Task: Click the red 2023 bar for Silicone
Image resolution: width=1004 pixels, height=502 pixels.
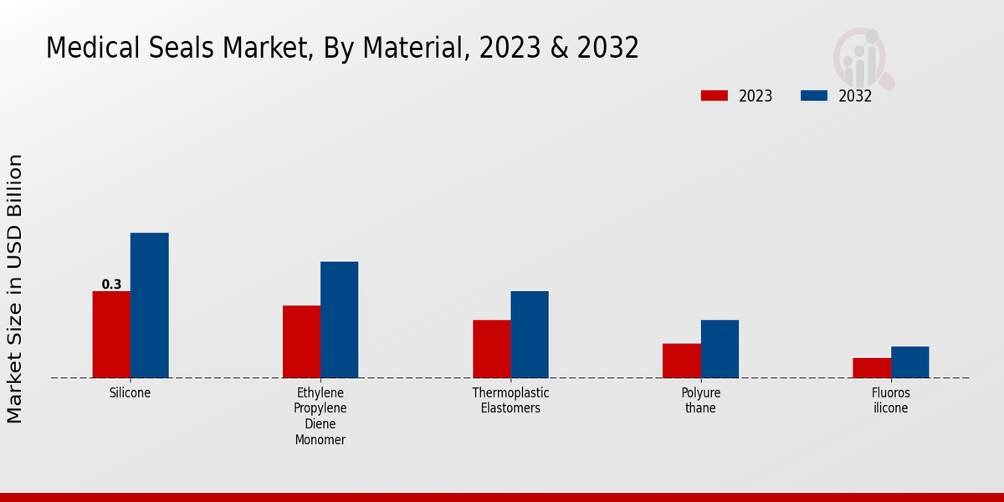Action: (x=111, y=335)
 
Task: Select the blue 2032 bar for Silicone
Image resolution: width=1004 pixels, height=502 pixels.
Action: (x=149, y=305)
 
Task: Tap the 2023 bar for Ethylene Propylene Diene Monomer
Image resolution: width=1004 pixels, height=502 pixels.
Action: (x=301, y=341)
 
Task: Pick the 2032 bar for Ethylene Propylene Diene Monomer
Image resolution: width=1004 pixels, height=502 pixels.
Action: (x=339, y=320)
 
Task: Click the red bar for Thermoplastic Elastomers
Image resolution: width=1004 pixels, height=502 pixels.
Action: (x=491, y=349)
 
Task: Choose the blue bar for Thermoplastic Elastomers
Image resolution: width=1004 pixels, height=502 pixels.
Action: (x=530, y=335)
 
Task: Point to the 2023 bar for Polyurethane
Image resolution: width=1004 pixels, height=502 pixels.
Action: (x=681, y=361)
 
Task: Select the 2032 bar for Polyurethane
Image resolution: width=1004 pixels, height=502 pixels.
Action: (x=720, y=349)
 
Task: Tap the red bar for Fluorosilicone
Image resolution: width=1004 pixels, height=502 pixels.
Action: (x=872, y=368)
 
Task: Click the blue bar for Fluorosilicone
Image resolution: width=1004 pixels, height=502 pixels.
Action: (x=909, y=362)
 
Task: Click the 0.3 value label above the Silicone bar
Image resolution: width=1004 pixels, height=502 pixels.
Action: (x=111, y=284)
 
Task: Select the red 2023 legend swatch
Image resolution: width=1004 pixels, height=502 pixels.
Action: (x=714, y=95)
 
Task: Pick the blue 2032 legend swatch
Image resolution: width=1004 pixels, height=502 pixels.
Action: (x=813, y=95)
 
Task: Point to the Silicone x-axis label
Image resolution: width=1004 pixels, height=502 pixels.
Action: (x=130, y=392)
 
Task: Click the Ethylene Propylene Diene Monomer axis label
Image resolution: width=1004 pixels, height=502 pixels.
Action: (x=320, y=416)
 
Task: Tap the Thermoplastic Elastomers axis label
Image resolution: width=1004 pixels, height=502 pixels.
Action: (x=510, y=400)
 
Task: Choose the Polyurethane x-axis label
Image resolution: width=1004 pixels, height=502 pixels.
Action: (x=700, y=400)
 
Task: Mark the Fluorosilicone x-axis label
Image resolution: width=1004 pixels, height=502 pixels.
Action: (x=890, y=400)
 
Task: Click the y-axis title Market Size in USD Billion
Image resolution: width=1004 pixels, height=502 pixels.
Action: (x=15, y=289)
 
